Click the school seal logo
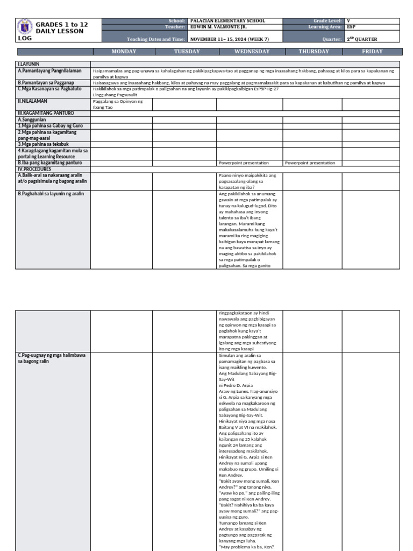point(25,27)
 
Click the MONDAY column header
point(123,52)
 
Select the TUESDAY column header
point(187,52)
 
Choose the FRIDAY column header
point(372,52)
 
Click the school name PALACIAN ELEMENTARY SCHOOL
point(227,21)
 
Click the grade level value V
point(349,21)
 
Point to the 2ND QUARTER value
point(363,39)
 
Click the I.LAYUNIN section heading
point(29,63)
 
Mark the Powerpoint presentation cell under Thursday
point(310,163)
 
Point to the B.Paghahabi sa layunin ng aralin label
point(51,193)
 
